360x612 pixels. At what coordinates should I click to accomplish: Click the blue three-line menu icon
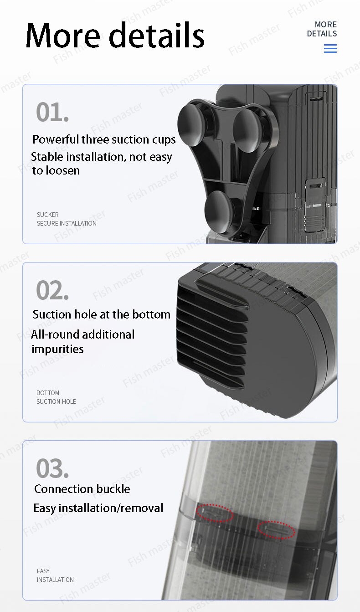330,49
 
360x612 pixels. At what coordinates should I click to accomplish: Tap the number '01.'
52,112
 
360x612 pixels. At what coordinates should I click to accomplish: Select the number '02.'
52,290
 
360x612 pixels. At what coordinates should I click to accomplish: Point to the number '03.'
52,468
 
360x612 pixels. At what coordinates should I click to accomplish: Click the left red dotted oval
215,513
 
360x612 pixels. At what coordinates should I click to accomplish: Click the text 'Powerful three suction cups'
104,139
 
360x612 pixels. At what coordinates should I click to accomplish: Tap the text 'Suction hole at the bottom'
102,314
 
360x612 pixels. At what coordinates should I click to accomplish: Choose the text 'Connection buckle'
82,489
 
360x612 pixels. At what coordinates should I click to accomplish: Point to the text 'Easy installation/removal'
98,508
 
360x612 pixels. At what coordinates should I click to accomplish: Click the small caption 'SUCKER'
48,215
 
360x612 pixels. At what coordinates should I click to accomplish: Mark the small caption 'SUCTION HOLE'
57,401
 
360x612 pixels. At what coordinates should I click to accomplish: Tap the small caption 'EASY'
43,571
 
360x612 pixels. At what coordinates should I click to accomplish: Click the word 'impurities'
58,349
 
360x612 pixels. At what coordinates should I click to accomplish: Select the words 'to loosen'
56,170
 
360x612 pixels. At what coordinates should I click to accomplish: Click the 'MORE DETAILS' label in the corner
322,29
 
